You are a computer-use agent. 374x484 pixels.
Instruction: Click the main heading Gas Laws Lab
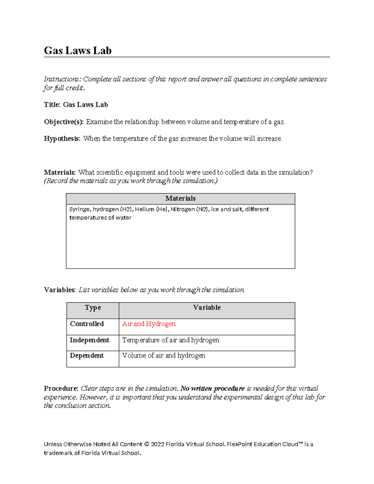coord(78,50)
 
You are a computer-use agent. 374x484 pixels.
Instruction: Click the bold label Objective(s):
coord(64,122)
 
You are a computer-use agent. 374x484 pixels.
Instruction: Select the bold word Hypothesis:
coord(62,139)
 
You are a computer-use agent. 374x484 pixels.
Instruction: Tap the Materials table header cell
coord(180,199)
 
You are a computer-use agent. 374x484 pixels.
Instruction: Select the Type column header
coord(93,308)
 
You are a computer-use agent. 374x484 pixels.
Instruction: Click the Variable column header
coord(207,308)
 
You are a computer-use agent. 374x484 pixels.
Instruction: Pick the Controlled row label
coord(87,324)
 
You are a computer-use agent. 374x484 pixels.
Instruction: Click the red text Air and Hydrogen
coord(149,324)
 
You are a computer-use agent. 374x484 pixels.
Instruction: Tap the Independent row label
coord(89,340)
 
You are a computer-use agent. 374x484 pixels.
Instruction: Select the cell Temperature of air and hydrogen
coord(170,340)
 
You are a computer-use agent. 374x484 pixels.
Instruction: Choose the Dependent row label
coord(87,356)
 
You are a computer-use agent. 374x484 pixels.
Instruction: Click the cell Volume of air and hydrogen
coord(163,356)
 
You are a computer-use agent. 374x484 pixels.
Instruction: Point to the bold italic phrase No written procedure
coord(213,389)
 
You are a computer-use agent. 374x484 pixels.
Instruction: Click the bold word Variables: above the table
coord(60,290)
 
